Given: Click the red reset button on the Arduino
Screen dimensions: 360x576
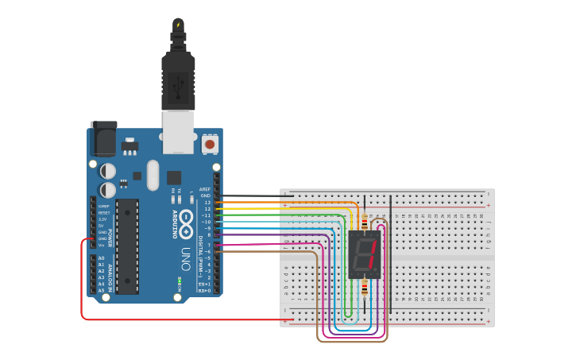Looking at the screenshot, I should [x=210, y=145].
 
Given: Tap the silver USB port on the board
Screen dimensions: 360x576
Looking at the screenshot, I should [x=178, y=131].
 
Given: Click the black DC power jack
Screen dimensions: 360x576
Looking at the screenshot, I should [x=103, y=140].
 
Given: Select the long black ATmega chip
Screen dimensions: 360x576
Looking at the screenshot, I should [x=127, y=246].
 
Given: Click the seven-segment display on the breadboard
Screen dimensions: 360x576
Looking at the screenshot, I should [x=364, y=254].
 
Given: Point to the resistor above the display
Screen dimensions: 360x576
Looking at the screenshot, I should [x=365, y=221].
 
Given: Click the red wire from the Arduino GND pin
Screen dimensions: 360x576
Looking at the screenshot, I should [x=83, y=286].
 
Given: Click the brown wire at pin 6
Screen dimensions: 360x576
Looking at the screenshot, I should [x=262, y=252].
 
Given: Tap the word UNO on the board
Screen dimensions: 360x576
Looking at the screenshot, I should [x=186, y=259].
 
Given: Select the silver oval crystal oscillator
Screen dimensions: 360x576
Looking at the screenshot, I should [x=153, y=176].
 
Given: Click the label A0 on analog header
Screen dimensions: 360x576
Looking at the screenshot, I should [x=101, y=258].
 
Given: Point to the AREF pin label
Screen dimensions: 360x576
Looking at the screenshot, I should [x=205, y=189].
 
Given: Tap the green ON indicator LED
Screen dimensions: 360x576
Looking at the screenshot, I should [x=180, y=281].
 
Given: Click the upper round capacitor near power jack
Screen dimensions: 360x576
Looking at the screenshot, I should [x=107, y=171].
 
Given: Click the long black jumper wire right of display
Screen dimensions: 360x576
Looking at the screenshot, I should [x=390, y=253].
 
